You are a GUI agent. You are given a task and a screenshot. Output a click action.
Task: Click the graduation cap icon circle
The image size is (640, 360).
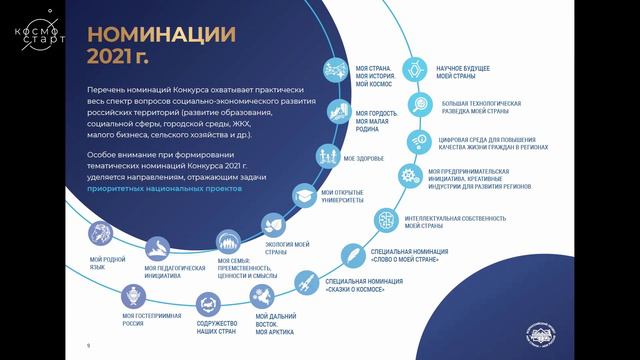click(303, 194)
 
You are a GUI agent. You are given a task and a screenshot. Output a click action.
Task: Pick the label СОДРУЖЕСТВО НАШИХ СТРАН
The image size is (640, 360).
click(217, 326)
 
